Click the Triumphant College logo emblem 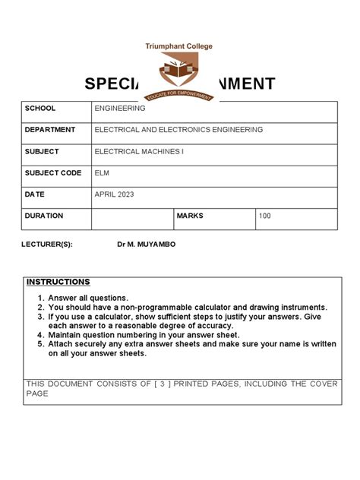(x=179, y=76)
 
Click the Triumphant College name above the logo (x=179, y=46)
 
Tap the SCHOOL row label (x=40, y=109)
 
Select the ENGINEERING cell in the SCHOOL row (x=120, y=109)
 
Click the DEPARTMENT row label (x=50, y=130)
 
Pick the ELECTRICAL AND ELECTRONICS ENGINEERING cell (x=178, y=130)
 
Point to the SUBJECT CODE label (x=53, y=173)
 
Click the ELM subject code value (x=102, y=173)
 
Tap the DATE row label (x=35, y=194)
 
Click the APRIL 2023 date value (x=114, y=194)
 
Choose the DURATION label (x=44, y=216)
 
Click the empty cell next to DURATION (x=132, y=219)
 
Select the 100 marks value (x=264, y=216)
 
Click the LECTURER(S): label (x=49, y=245)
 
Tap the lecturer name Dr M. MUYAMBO (x=146, y=245)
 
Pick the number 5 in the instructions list (x=40, y=343)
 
